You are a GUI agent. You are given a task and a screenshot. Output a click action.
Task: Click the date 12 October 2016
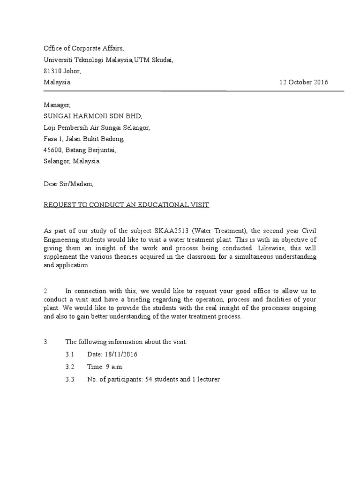(x=304, y=82)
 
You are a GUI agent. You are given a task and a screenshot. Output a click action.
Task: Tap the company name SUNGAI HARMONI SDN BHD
(x=92, y=116)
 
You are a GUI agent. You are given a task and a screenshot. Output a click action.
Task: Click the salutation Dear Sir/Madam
(x=68, y=184)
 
